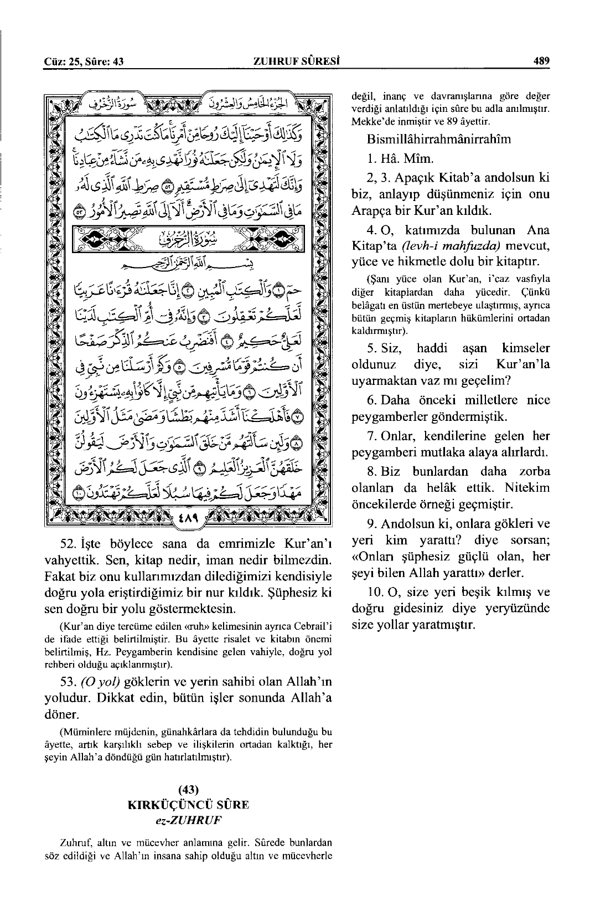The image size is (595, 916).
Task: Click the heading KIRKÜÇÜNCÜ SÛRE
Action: tap(189, 805)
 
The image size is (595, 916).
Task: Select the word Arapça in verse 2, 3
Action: tap(370, 210)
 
